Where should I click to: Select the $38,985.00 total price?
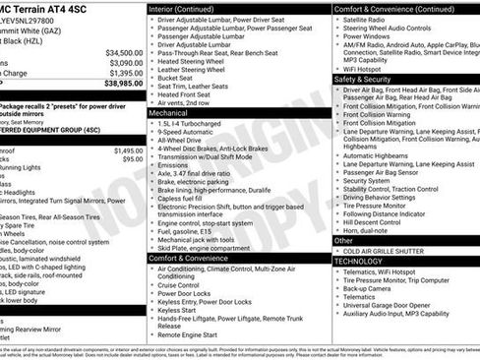coord(123,84)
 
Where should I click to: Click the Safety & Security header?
coord(363,79)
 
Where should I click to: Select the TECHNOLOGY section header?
coord(359,262)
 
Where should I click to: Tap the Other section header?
coord(343,240)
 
